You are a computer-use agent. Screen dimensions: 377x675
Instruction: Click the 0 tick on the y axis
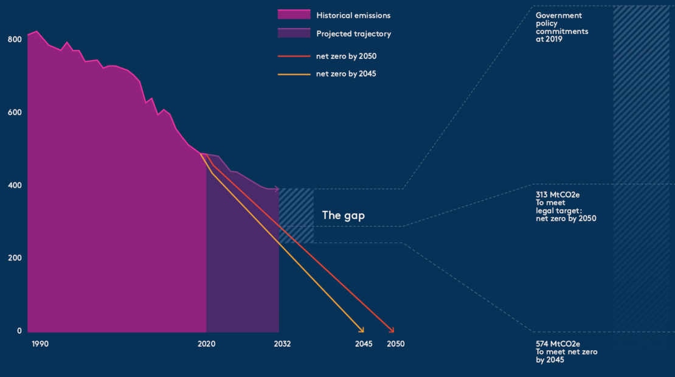click(19, 331)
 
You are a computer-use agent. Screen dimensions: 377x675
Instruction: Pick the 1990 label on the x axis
click(40, 344)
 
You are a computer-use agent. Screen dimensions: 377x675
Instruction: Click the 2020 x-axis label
click(207, 344)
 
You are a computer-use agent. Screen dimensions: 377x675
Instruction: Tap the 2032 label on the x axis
click(282, 344)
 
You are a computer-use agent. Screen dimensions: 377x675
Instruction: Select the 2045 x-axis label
click(364, 344)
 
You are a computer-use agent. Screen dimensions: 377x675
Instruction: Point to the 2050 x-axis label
click(395, 344)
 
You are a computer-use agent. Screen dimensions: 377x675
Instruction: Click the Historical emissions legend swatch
click(294, 15)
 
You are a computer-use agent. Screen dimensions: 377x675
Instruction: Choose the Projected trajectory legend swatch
click(294, 34)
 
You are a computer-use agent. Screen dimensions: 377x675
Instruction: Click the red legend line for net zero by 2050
click(294, 57)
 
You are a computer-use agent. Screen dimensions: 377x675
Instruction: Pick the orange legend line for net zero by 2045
click(294, 74)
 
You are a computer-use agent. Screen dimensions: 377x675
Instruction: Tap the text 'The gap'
click(343, 215)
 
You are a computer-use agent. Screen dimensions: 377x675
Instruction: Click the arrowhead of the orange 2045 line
click(362, 331)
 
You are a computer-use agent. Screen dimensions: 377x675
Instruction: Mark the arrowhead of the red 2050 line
click(393, 331)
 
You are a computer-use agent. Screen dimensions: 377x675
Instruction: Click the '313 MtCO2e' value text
click(558, 195)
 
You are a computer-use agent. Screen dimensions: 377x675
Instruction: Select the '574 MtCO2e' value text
click(558, 344)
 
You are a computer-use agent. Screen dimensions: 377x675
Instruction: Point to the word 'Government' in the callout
click(559, 16)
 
